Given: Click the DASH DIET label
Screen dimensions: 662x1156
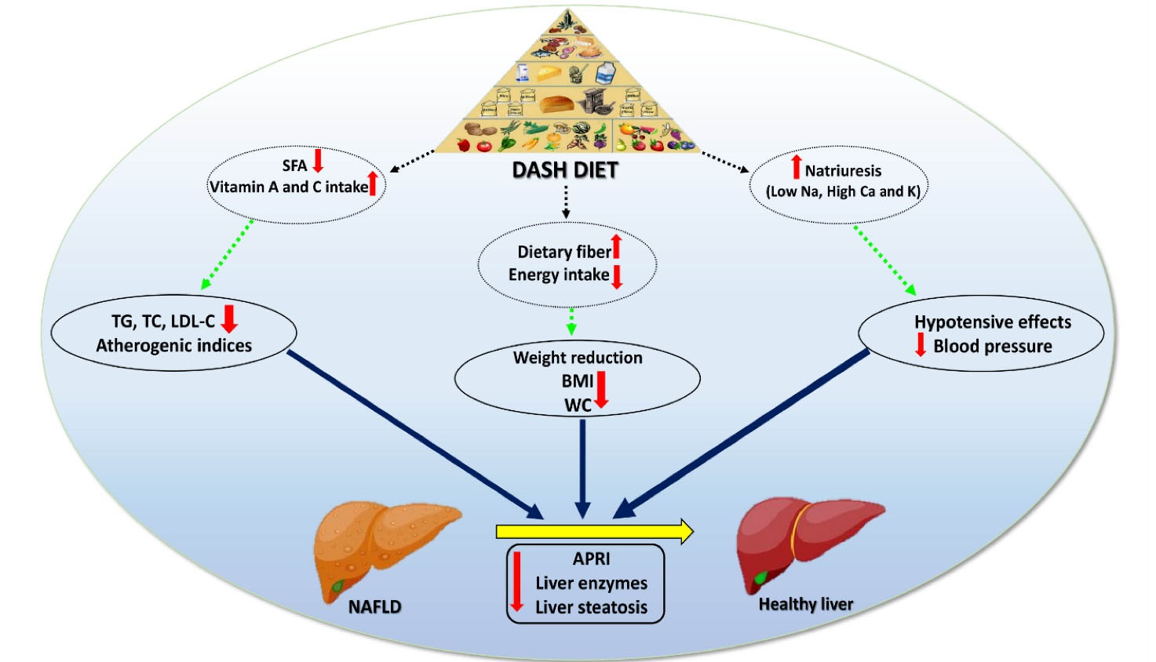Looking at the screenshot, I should pyautogui.click(x=565, y=170).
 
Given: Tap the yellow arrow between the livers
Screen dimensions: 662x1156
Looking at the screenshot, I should pyautogui.click(x=594, y=531).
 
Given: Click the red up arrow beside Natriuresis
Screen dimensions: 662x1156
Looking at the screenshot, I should pyautogui.click(x=796, y=167).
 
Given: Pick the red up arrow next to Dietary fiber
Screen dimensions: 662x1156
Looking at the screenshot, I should pyautogui.click(x=617, y=246).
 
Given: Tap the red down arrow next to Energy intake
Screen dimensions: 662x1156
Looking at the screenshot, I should pyautogui.click(x=617, y=276).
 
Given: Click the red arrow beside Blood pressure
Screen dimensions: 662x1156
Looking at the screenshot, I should pyautogui.click(x=921, y=344).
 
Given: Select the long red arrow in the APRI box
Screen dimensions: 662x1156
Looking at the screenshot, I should pyautogui.click(x=516, y=581).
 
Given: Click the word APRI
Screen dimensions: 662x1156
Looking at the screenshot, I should pyautogui.click(x=591, y=558).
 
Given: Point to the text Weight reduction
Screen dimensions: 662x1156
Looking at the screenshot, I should pyautogui.click(x=578, y=358).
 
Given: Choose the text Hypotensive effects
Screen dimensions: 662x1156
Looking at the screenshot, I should pyautogui.click(x=992, y=322).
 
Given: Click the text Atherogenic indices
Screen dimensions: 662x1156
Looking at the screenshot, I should pyautogui.click(x=174, y=345).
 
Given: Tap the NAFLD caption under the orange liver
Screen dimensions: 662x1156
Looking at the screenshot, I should pyautogui.click(x=374, y=606).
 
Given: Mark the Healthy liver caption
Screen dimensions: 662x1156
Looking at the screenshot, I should pyautogui.click(x=805, y=604).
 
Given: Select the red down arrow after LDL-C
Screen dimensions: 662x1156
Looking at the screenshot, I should pyautogui.click(x=229, y=318).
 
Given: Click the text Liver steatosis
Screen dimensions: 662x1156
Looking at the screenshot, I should pyautogui.click(x=591, y=607).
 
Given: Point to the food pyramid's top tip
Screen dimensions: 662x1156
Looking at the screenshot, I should pyautogui.click(x=567, y=13).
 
